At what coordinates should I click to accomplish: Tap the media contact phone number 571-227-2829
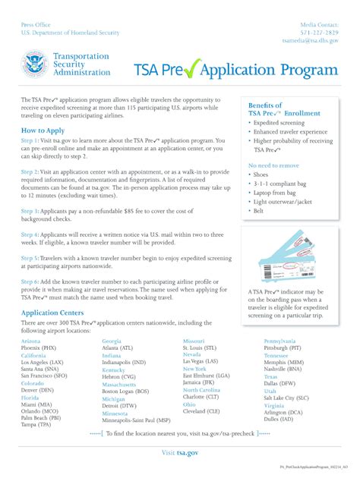(318, 33)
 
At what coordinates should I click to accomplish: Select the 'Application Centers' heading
(52, 313)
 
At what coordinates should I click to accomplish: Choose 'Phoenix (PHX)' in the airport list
(39, 347)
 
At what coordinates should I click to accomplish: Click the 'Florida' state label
(30, 397)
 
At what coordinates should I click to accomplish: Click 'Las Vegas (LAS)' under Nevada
(201, 361)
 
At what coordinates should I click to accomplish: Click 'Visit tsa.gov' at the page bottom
(179, 452)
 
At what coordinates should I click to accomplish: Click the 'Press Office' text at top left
(37, 24)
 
